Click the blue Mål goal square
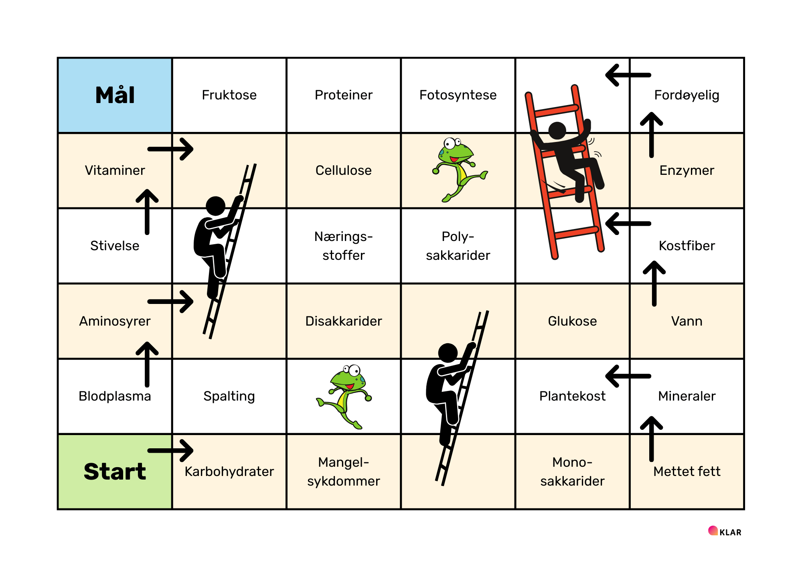(115, 95)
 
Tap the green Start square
(115, 471)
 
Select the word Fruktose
(229, 95)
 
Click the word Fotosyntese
(458, 95)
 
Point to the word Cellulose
(343, 170)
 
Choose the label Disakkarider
(343, 321)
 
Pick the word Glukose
(572, 321)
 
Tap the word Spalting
(229, 396)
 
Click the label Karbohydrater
(229, 472)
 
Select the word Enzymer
(687, 170)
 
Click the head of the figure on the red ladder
(557, 130)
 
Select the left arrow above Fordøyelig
(628, 75)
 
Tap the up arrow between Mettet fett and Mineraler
(651, 439)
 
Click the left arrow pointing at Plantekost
(628, 376)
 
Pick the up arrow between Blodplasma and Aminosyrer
(147, 364)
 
